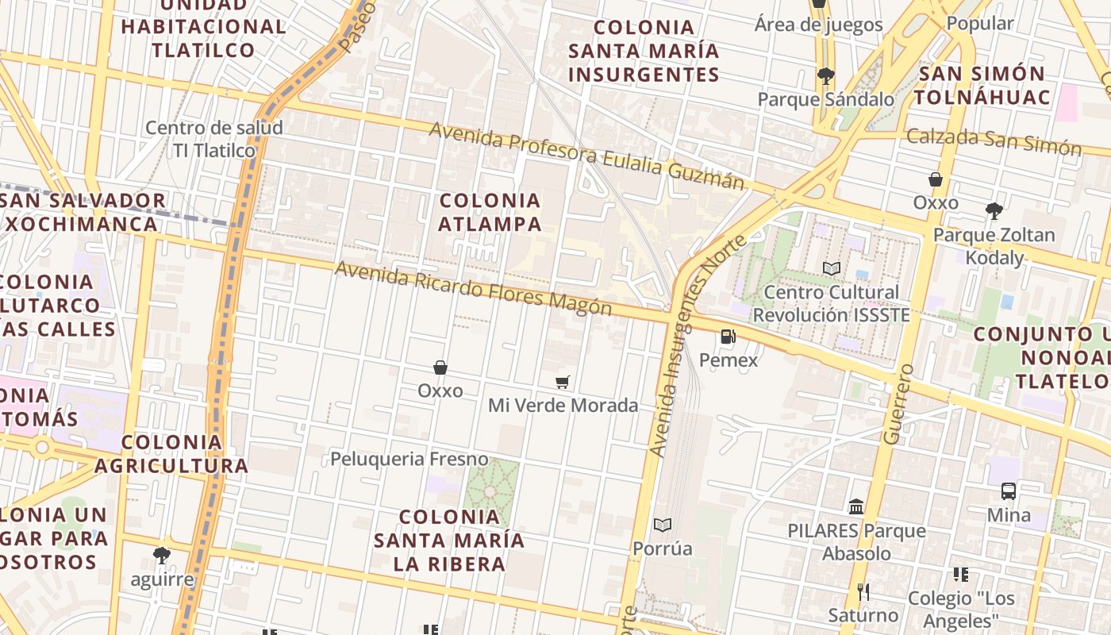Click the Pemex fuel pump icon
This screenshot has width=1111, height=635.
728,337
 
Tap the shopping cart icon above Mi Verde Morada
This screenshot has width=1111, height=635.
563,383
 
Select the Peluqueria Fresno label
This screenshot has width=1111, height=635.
409,459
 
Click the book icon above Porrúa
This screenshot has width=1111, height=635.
663,525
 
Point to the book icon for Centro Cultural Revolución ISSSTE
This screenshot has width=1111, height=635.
831,269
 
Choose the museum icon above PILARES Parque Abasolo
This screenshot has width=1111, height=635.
856,506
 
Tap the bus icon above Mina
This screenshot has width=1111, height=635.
1009,491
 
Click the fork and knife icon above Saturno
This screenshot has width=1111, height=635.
863,591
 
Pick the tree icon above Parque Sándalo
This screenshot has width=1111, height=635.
825,76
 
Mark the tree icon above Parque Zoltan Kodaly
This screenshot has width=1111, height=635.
994,211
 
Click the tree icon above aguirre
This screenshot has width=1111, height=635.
162,555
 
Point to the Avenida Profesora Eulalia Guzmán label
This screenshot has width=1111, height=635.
587,156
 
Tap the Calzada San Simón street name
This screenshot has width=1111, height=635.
994,141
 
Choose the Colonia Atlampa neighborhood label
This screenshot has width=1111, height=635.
490,212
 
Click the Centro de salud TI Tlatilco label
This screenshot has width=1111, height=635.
214,139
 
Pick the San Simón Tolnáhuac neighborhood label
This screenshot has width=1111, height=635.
983,86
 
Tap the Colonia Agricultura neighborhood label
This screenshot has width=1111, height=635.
171,453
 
